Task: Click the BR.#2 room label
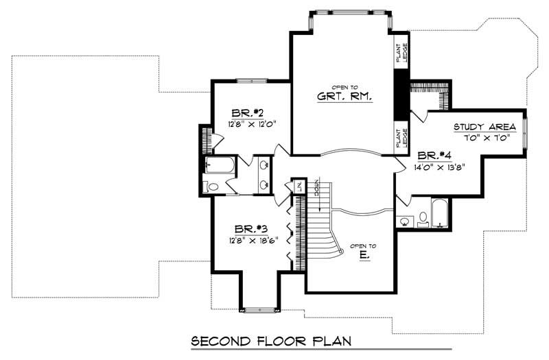(x=243, y=112)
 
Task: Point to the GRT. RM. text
(x=344, y=97)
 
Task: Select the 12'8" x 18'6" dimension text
(x=250, y=240)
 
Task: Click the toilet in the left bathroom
(x=213, y=186)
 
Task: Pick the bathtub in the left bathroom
(x=221, y=165)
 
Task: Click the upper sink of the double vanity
(x=264, y=165)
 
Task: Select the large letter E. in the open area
(x=364, y=254)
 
